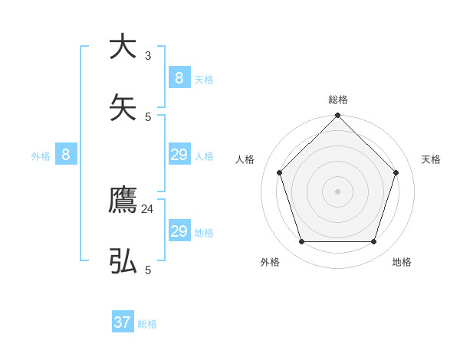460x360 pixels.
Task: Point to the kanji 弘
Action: tap(123, 262)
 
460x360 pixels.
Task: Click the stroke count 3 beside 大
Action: tap(148, 55)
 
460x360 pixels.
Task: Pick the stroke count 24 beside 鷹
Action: tap(148, 208)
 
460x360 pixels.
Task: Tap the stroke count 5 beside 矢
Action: tap(148, 116)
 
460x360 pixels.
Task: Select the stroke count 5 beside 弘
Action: tap(148, 270)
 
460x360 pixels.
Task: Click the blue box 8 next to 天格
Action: tap(179, 77)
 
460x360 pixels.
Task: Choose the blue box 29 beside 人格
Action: tap(179, 155)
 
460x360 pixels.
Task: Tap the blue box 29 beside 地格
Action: tap(179, 231)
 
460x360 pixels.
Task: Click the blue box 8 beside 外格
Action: tap(66, 155)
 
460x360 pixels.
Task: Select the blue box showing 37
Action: tap(123, 322)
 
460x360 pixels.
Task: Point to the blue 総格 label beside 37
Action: tap(147, 324)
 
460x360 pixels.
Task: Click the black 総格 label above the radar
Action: tap(337, 100)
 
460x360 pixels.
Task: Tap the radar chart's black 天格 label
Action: tap(431, 159)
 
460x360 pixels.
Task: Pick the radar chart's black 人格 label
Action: tap(245, 159)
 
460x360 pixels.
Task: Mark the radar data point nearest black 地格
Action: tap(373, 241)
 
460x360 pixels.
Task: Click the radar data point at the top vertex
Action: tap(337, 116)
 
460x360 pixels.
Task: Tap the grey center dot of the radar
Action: tap(337, 191)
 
